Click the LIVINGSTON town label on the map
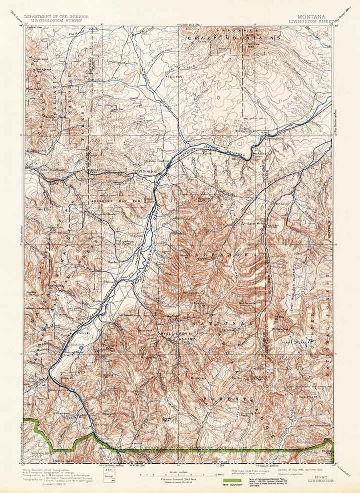[146, 171]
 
